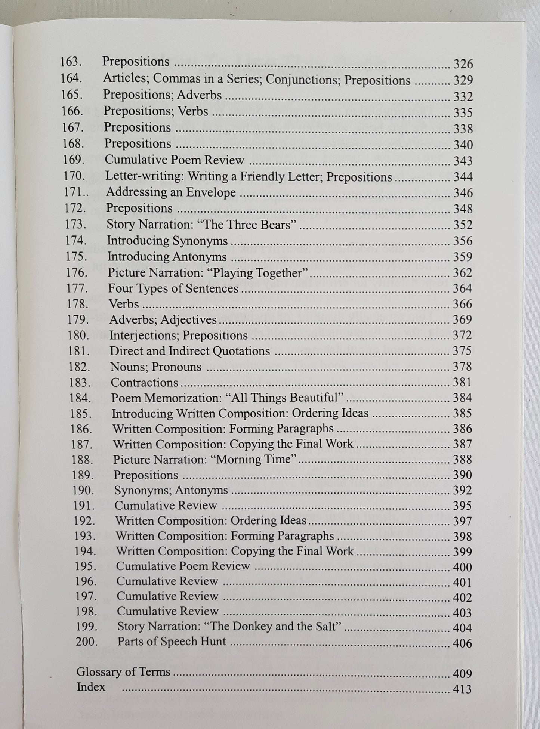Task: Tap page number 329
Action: click(x=463, y=80)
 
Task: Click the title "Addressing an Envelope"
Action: click(x=171, y=192)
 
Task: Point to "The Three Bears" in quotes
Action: click(x=254, y=225)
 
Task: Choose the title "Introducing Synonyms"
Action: click(x=167, y=241)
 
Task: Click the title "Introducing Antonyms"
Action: click(x=167, y=257)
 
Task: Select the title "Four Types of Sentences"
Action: click(x=173, y=288)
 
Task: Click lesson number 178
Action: click(x=78, y=304)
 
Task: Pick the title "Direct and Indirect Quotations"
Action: click(x=189, y=351)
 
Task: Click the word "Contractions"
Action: click(x=144, y=382)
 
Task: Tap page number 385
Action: click(x=462, y=413)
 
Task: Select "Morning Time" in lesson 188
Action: click(x=256, y=459)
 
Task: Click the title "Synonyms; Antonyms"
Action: click(x=171, y=490)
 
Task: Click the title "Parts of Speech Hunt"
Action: click(x=172, y=642)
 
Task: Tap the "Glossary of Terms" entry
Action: click(x=123, y=672)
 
